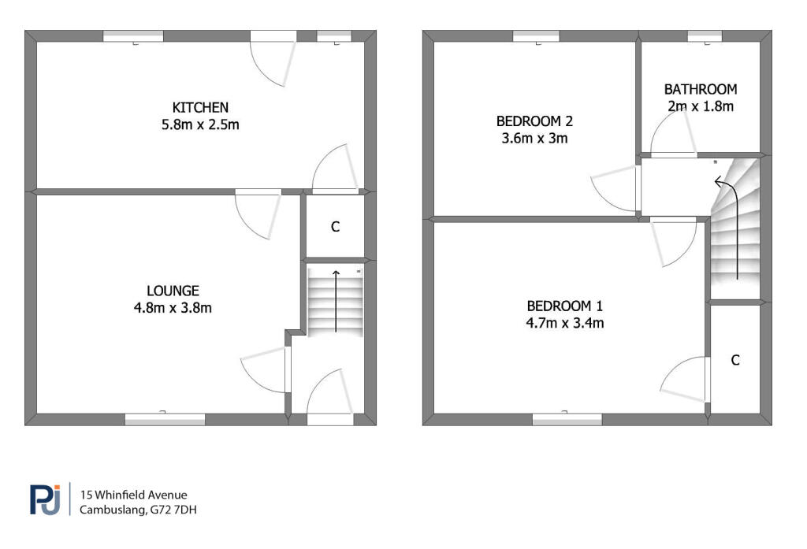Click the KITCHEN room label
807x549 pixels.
(x=200, y=108)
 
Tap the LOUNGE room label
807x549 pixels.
(x=173, y=291)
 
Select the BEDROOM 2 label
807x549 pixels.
(x=534, y=121)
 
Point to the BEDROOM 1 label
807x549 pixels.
(x=564, y=306)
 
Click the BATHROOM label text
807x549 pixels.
(x=701, y=90)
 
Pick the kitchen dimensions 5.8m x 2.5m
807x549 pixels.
(x=200, y=124)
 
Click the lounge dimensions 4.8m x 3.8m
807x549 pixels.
(x=173, y=308)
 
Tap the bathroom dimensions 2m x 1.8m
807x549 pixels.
(x=701, y=106)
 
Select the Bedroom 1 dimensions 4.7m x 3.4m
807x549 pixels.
(x=564, y=323)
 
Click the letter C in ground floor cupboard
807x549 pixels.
(x=335, y=227)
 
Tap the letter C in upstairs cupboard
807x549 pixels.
(x=735, y=360)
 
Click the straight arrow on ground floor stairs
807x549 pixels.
(x=336, y=301)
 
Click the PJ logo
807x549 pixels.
(x=45, y=499)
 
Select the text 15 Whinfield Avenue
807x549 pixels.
(x=133, y=495)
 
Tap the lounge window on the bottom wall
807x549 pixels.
(x=165, y=419)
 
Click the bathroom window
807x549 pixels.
(x=705, y=36)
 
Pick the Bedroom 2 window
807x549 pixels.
(x=536, y=36)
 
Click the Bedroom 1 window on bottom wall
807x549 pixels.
(x=567, y=419)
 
